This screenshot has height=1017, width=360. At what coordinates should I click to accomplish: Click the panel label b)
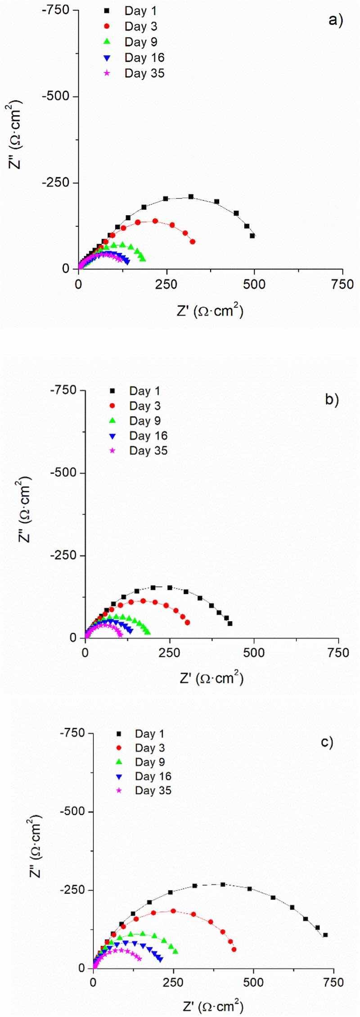pos(332,399)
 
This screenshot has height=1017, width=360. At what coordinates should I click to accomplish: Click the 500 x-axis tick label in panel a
pos(254,284)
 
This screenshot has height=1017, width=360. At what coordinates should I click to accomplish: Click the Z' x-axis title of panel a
pos(210,311)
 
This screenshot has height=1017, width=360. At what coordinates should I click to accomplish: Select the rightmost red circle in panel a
pos(193,242)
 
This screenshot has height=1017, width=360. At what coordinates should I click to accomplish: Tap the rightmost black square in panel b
pos(230,624)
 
